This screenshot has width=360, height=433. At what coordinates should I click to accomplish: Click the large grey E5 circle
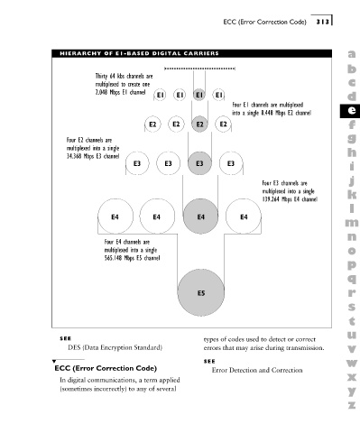(201, 292)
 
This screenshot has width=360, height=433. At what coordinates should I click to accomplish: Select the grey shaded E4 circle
(200, 216)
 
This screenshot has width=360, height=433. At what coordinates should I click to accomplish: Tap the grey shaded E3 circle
(199, 163)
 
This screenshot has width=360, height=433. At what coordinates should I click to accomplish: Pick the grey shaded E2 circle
(199, 124)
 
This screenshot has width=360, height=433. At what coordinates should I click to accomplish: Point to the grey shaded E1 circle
(199, 95)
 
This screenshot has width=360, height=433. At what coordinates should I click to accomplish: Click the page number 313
(322, 22)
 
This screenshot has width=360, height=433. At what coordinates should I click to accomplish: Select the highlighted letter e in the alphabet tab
(351, 111)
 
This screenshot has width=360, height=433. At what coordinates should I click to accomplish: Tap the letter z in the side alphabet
(352, 405)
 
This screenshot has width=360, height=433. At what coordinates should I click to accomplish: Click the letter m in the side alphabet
(352, 223)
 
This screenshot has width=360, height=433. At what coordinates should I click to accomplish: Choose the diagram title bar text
(139, 53)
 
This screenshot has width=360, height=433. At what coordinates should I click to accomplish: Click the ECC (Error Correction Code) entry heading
(106, 368)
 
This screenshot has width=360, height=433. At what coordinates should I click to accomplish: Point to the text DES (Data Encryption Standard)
(115, 347)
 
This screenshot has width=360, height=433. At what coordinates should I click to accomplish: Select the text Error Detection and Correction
(257, 370)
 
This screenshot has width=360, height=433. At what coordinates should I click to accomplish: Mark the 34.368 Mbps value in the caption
(80, 156)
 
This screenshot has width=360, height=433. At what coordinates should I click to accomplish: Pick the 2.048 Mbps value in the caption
(107, 92)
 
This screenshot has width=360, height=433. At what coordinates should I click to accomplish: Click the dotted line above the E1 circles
(199, 69)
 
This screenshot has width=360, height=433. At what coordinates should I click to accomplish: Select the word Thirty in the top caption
(101, 77)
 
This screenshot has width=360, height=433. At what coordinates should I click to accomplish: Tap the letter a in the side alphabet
(352, 54)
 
